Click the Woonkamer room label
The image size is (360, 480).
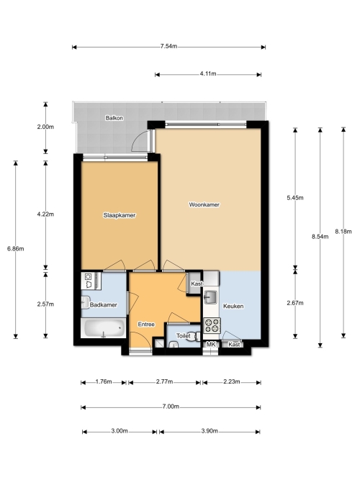click(x=204, y=204)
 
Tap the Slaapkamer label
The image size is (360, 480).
click(x=120, y=215)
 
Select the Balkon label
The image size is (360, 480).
click(x=114, y=118)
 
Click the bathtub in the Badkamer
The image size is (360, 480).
click(x=103, y=328)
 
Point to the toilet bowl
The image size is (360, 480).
click(x=193, y=336)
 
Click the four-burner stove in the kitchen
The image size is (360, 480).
click(x=212, y=325)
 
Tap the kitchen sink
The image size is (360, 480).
click(x=211, y=297)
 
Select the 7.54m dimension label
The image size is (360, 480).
click(x=168, y=47)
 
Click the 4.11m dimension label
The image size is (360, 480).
click(x=208, y=74)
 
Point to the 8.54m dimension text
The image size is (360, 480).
click(x=320, y=236)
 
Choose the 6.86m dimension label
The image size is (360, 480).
click(x=16, y=248)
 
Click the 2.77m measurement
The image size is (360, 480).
click(x=165, y=381)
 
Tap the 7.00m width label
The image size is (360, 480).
click(x=171, y=407)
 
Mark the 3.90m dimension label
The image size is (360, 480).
click(x=210, y=431)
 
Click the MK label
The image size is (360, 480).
click(x=211, y=345)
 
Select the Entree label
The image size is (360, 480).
click(x=146, y=324)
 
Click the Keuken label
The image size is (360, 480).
click(x=233, y=306)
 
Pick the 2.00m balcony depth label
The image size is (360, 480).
click(x=45, y=127)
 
